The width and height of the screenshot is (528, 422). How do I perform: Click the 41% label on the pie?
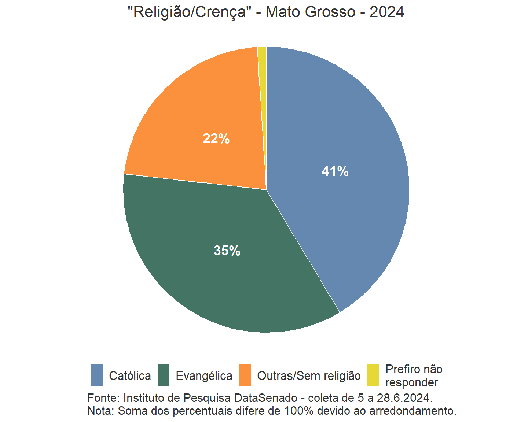335,171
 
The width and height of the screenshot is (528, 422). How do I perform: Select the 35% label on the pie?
227,251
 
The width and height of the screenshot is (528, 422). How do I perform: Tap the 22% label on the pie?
216,139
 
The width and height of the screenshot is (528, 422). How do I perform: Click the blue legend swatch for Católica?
97,375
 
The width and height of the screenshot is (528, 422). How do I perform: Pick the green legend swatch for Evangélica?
164,375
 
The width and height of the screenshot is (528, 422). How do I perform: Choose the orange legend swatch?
245,375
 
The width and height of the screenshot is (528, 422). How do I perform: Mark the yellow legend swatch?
373,375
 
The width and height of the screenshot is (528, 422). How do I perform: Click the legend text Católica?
130,376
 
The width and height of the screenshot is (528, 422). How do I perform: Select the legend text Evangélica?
204,376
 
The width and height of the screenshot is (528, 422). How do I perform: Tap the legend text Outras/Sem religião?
309,376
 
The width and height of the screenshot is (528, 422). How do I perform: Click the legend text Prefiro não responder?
414,376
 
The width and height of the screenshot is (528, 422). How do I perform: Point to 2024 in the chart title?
386,12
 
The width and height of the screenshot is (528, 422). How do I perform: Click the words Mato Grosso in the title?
310,12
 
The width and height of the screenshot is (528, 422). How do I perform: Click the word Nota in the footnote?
100,411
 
